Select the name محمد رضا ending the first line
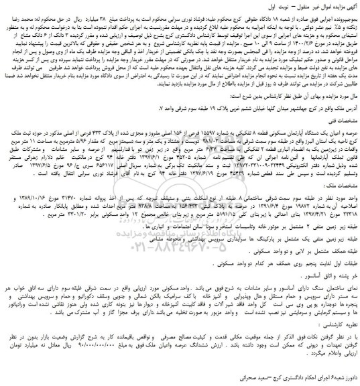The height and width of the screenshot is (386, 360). pos(17,15)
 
